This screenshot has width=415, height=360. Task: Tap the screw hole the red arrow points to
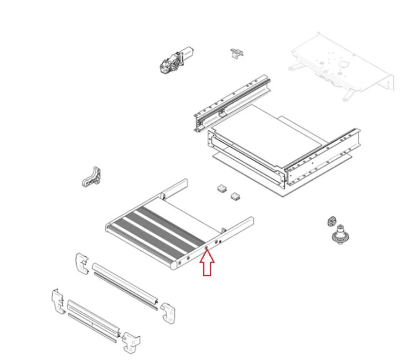207,248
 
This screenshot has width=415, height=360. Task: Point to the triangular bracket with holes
93,177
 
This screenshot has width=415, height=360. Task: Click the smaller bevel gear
333,221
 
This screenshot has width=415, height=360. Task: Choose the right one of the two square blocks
236,196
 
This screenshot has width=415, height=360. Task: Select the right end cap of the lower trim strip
132,342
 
